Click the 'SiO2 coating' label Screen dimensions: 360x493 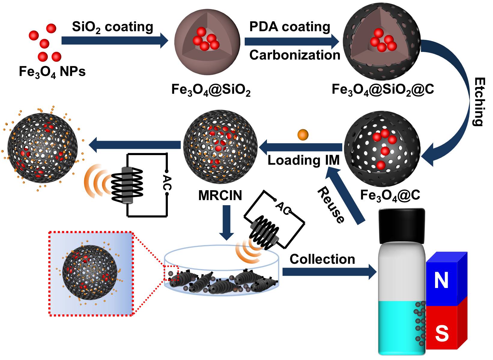point(112,27)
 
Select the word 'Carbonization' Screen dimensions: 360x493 point(295,55)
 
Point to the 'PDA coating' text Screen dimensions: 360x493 point(289,27)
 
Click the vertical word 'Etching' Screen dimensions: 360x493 point(479,102)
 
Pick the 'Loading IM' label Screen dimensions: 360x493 point(303,160)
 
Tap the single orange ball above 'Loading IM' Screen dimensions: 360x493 point(303,135)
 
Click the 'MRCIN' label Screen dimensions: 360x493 point(220,196)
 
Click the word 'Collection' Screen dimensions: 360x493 point(322,259)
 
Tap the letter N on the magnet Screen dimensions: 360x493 point(441,280)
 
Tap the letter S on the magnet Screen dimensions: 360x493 point(441,333)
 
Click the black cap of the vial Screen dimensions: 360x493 point(402,226)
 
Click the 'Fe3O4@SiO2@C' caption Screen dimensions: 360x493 point(383,89)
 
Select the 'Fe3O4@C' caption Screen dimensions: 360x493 point(390,195)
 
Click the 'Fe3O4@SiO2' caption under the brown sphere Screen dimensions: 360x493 point(211,90)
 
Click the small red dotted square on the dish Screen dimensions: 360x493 point(171,273)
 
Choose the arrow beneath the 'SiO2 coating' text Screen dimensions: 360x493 point(114,40)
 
